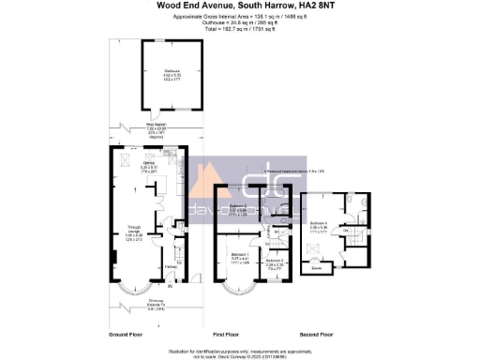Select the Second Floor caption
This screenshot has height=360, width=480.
316,334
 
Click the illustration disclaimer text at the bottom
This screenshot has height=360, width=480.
240,349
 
